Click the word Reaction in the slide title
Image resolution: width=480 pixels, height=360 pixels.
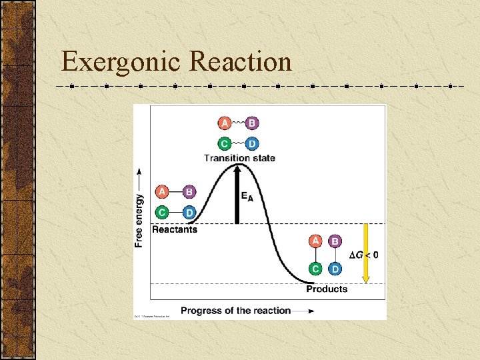(241, 62)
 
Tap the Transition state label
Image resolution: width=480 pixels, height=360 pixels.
(239, 158)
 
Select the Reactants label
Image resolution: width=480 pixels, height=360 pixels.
(175, 229)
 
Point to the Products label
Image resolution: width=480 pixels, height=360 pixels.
(327, 289)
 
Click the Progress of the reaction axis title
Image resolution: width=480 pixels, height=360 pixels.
(235, 310)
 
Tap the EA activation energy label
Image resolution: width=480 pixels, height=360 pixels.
(247, 196)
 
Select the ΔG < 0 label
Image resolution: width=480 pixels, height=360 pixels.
(364, 255)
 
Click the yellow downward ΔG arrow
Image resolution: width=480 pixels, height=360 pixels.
(365, 253)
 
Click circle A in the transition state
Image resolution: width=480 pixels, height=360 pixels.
(225, 123)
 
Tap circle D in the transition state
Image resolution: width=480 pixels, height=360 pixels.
(251, 143)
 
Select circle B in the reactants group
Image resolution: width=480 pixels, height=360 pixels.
(189, 192)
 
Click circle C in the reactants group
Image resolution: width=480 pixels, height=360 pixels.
(161, 212)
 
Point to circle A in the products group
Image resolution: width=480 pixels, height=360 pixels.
(316, 241)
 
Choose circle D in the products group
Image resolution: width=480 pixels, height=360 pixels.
(335, 269)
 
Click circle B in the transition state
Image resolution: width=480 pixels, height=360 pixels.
(251, 123)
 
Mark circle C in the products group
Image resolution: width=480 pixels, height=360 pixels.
(316, 269)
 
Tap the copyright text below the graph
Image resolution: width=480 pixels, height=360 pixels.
(153, 315)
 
